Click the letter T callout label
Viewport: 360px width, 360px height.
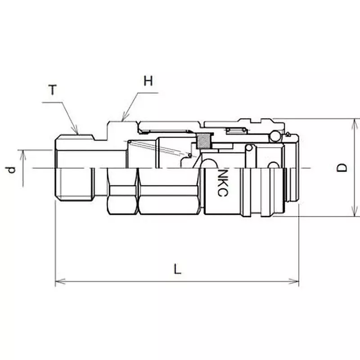tap(53, 90)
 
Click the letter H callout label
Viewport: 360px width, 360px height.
tap(148, 81)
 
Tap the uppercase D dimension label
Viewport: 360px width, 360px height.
tap(343, 168)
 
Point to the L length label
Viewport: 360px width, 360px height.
tap(178, 270)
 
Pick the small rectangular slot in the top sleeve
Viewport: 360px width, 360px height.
tap(235, 131)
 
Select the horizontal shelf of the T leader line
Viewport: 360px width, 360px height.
tap(52, 103)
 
